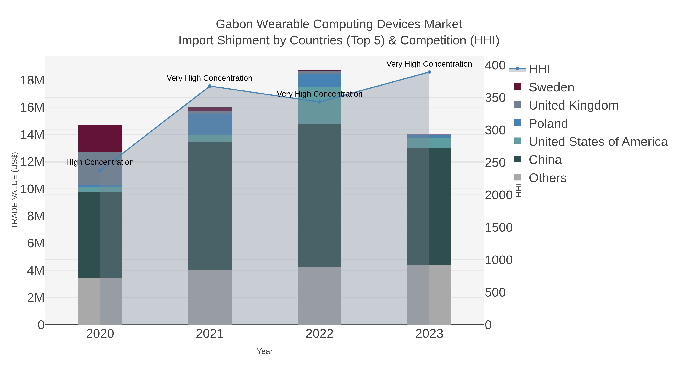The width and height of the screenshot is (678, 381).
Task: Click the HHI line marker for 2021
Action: click(x=210, y=86)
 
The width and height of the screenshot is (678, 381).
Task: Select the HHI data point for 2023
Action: click(x=429, y=72)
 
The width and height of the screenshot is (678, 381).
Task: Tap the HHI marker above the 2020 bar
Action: click(x=100, y=171)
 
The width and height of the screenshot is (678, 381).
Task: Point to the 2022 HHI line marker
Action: click(x=320, y=102)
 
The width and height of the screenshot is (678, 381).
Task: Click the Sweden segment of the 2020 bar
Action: click(x=100, y=138)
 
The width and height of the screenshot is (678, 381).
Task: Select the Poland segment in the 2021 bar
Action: click(x=210, y=124)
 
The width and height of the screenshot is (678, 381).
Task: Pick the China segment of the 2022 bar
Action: click(x=320, y=195)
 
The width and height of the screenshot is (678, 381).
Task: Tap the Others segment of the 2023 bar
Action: click(x=429, y=294)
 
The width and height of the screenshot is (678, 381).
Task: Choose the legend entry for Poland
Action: click(x=548, y=124)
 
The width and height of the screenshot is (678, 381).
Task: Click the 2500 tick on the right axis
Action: click(x=495, y=163)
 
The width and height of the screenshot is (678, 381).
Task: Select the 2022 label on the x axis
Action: click(x=320, y=334)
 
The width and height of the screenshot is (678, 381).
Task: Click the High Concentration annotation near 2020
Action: click(x=100, y=162)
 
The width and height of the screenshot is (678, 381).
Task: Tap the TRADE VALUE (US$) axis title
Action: click(x=15, y=190)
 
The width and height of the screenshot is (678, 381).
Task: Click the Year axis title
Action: click(x=265, y=351)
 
